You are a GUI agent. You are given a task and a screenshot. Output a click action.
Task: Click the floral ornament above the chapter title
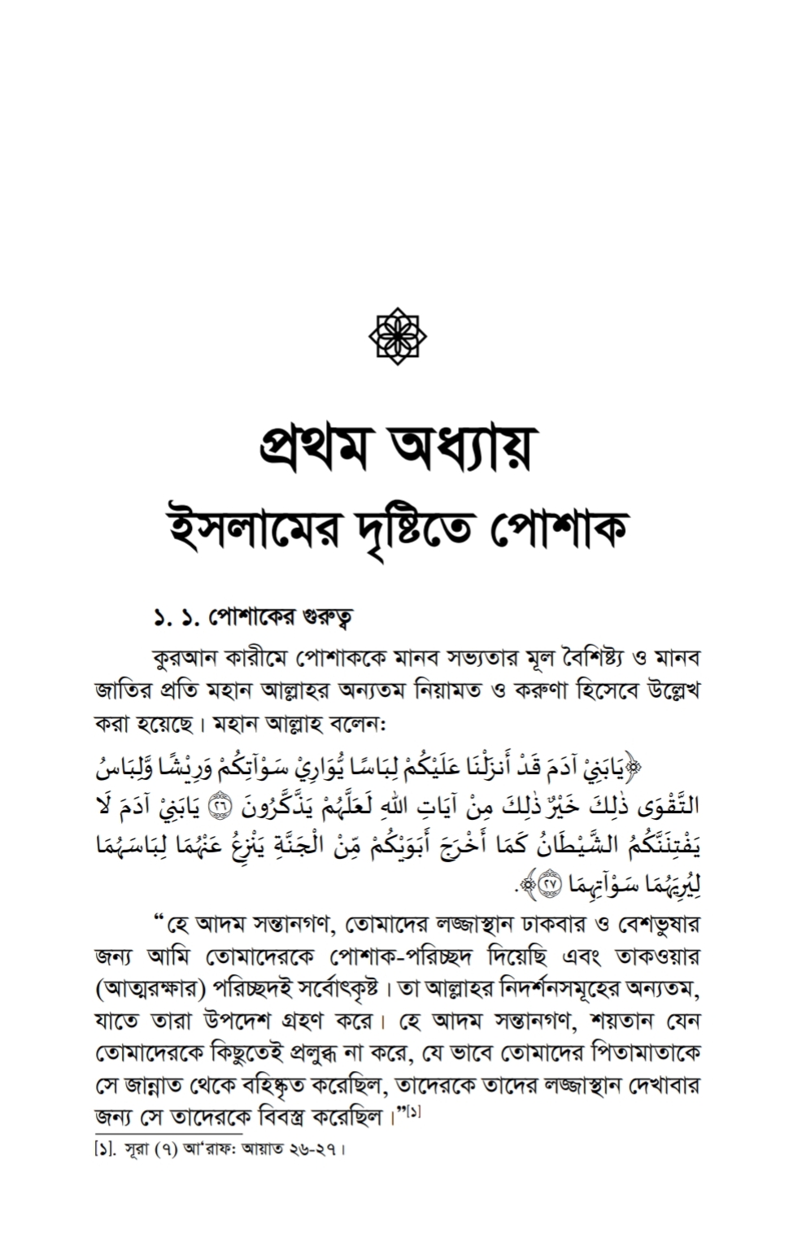tap(398, 333)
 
